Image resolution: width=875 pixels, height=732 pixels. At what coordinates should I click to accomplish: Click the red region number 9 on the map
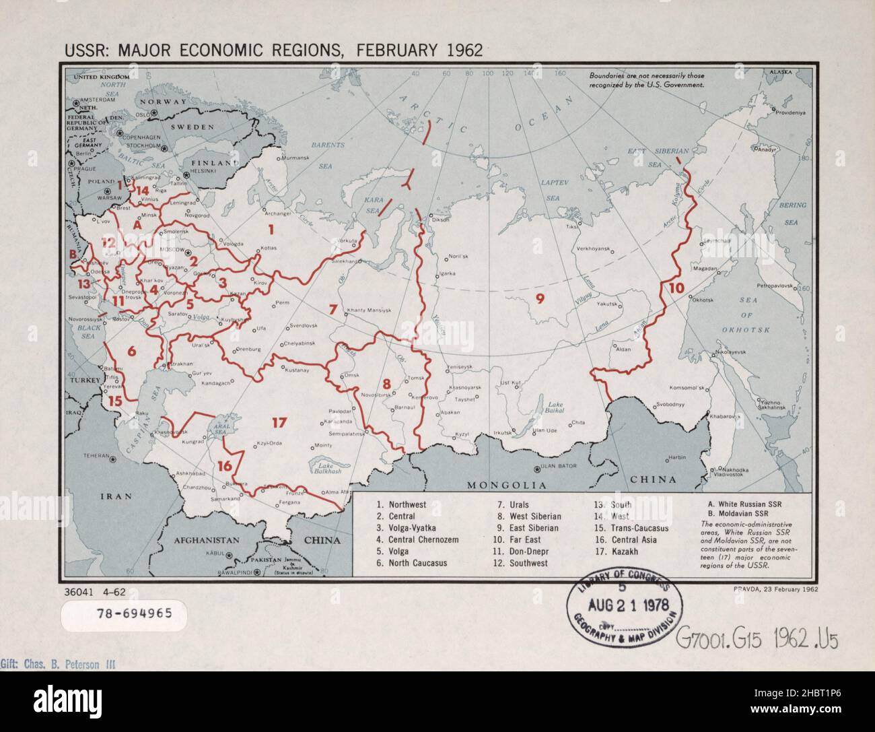point(538,296)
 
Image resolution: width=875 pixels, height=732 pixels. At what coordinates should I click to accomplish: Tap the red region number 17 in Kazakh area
point(279,422)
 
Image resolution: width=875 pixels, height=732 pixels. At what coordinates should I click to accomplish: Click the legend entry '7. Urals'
point(513,504)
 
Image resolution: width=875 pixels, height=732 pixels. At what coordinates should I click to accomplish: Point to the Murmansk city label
point(293,158)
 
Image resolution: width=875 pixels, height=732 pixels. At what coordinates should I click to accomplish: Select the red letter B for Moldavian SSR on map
point(73,255)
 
